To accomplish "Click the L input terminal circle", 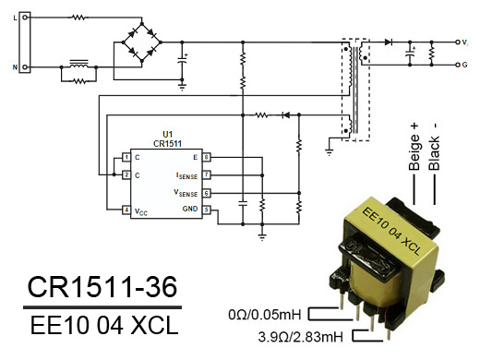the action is [25, 18].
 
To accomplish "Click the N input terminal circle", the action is [25, 67].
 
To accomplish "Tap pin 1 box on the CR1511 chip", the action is [126, 158].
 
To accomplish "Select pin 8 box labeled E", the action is [207, 158].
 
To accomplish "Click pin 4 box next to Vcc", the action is [126, 210].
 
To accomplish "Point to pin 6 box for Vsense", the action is [207, 193].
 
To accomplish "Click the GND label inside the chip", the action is [190, 209].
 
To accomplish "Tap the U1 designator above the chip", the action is [167, 135].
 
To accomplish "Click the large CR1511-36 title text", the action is [102, 287].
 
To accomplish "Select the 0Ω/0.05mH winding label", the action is [264, 315].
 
